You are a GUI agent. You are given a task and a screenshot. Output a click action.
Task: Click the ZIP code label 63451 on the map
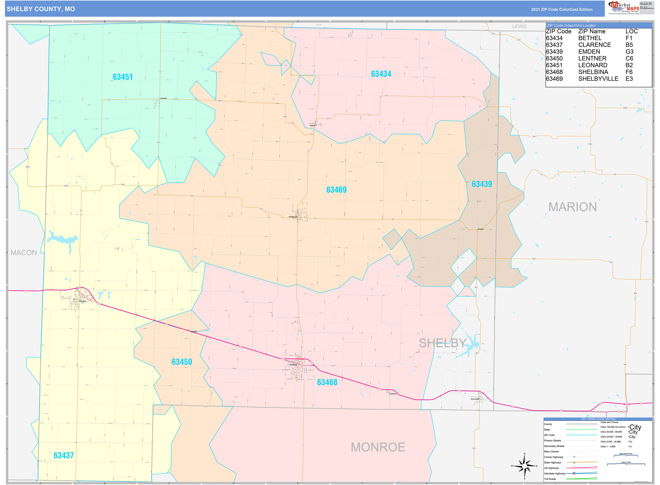[x=123, y=77]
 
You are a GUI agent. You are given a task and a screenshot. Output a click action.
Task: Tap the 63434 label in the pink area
[x=381, y=74]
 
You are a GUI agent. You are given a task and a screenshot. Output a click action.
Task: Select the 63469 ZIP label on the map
[x=336, y=190]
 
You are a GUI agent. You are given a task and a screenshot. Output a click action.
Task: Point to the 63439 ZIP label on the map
[x=482, y=184]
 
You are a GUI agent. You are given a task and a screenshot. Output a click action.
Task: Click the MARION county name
[x=572, y=207]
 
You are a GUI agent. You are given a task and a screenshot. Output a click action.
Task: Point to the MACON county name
[x=24, y=253]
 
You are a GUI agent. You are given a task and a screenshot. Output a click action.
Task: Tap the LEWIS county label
[x=519, y=26]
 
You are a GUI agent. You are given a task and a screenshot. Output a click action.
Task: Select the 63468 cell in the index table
[x=554, y=72]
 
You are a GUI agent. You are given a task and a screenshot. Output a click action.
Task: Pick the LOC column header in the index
[x=631, y=31]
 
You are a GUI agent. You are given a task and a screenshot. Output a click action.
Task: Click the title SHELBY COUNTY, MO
[x=41, y=9]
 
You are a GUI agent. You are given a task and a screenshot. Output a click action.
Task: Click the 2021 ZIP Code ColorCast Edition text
[x=561, y=9]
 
